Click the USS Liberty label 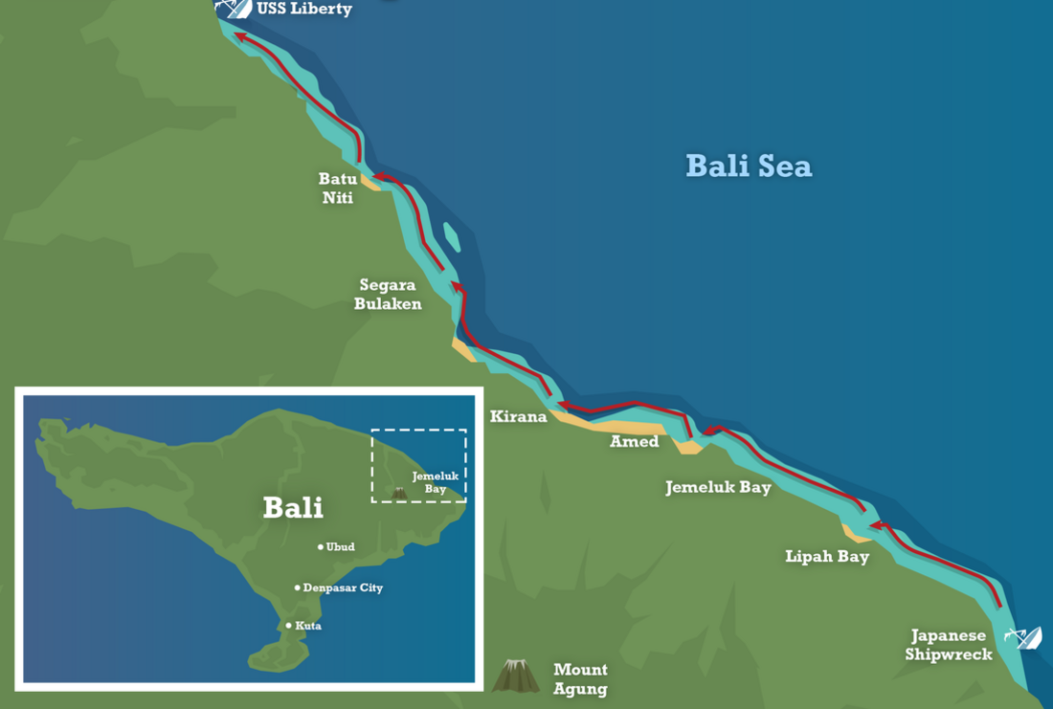304,10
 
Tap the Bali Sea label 749,166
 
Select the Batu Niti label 338,188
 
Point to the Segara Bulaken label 388,294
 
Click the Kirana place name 518,416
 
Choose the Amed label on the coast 635,441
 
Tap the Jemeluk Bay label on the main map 718,487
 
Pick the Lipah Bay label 827,556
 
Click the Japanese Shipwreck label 948,645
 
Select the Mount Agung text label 580,678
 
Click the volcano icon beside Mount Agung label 516,676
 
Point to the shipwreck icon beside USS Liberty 234,8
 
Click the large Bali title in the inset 293,507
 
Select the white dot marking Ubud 321,547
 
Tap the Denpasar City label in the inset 343,587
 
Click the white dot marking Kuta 289,626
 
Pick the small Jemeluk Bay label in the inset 436,482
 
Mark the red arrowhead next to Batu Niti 379,176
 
